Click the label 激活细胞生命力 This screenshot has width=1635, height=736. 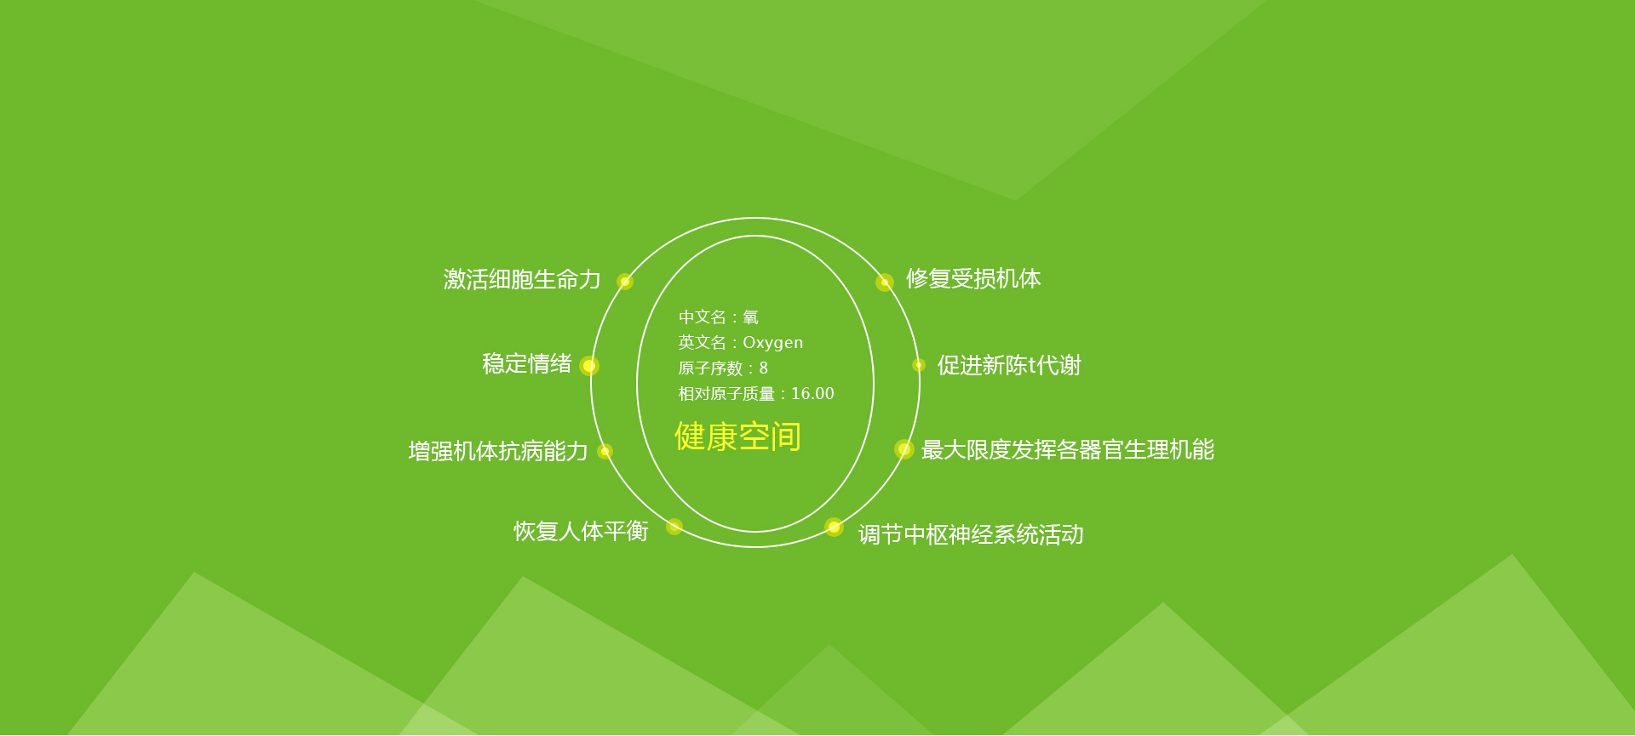522,279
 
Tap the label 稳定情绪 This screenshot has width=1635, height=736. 526,364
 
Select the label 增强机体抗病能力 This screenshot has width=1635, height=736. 498,451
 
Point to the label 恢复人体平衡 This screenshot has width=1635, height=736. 581,531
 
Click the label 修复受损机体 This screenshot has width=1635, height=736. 973,278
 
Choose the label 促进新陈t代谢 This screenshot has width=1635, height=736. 1009,365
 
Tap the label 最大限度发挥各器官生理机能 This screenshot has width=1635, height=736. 1067,449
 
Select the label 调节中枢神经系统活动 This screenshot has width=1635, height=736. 971,534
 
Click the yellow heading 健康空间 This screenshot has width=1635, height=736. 737,436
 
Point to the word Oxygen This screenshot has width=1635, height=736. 772,343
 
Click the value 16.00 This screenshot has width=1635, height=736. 812,394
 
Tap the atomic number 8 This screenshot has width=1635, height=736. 764,368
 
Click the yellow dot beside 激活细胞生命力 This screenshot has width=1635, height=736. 625,282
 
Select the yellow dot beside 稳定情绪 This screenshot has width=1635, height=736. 589,366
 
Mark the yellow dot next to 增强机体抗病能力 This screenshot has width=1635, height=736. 605,451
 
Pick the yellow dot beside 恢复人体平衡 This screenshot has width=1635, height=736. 674,527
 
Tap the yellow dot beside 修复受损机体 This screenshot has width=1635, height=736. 885,282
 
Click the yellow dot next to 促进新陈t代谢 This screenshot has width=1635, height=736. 919,365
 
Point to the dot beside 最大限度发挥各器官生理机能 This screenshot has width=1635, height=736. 904,449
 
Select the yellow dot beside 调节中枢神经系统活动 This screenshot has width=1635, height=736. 835,528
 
